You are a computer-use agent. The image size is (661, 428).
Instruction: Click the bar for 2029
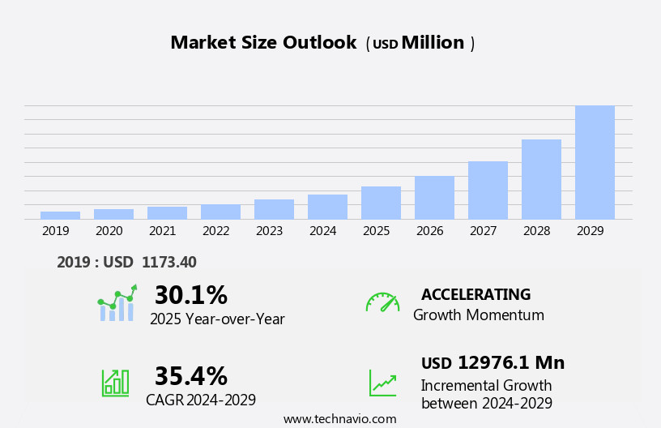click(595, 162)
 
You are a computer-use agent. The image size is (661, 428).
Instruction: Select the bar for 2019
click(60, 215)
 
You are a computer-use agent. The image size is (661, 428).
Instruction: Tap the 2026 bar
click(434, 197)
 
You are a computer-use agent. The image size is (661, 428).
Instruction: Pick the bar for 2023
click(274, 209)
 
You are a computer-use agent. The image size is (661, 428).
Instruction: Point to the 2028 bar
click(541, 179)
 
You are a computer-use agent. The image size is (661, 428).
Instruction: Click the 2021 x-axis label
click(162, 231)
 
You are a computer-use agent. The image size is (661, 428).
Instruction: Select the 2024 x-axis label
click(322, 231)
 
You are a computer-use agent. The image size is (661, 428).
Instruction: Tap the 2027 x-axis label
click(483, 231)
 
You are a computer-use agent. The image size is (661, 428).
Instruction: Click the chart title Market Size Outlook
click(263, 43)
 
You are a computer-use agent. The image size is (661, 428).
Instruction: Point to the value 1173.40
click(168, 263)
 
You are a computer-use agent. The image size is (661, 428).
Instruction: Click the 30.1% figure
click(190, 295)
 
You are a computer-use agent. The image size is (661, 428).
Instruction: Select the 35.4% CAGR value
click(190, 376)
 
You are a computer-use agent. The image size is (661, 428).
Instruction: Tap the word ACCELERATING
click(475, 295)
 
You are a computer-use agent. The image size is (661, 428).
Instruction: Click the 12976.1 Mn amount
click(510, 363)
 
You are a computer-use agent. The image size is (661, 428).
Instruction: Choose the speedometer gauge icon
click(382, 302)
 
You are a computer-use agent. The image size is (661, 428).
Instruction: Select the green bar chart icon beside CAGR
click(115, 382)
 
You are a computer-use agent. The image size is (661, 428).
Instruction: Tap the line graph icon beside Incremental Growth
click(382, 383)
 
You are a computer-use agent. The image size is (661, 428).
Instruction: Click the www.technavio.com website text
click(339, 419)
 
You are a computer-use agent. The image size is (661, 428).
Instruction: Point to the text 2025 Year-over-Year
click(217, 319)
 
